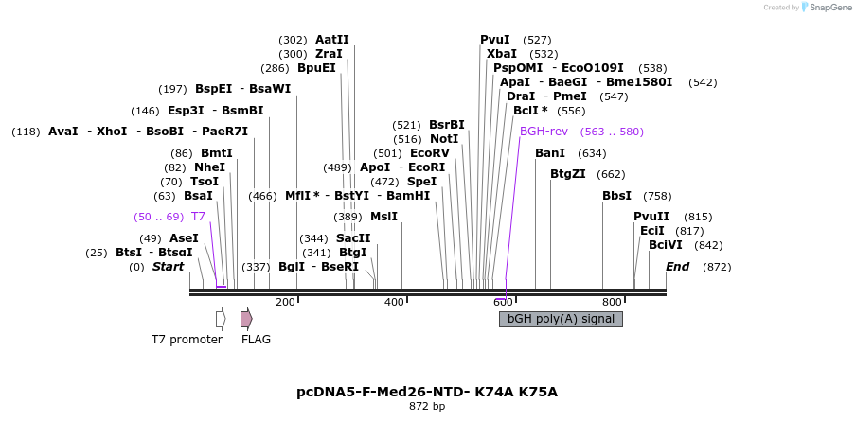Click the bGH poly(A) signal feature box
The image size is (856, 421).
561,319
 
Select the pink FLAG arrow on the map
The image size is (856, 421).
246,319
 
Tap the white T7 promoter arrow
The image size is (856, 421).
221,319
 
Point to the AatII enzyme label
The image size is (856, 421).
331,40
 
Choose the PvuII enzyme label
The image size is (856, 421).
651,217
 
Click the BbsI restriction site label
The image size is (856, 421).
616,196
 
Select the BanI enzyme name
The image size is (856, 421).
550,153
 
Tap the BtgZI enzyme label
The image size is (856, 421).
568,174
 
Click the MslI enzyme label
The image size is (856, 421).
383,217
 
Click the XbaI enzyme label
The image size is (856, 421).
501,54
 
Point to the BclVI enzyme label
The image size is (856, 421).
666,245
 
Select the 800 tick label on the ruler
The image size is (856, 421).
612,302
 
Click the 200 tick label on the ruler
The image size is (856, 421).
285,302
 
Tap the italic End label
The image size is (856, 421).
678,267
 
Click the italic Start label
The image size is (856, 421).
168,267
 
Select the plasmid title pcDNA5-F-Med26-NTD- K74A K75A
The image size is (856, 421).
427,392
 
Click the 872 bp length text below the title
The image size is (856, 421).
427,407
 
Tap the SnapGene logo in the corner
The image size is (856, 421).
826,8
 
